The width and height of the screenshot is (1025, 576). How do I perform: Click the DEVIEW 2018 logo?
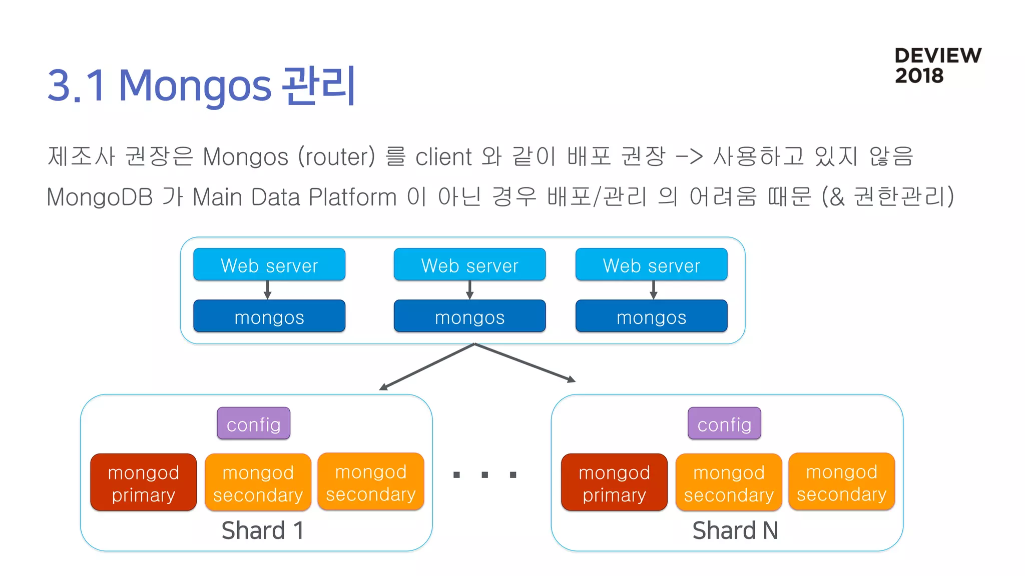[937, 65]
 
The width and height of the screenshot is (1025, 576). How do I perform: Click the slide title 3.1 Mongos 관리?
[201, 85]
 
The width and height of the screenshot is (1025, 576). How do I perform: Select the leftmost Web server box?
[269, 264]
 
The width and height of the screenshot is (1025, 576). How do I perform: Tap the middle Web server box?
[469, 264]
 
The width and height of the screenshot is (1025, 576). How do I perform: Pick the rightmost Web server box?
[651, 264]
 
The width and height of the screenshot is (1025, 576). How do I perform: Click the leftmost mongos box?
[269, 316]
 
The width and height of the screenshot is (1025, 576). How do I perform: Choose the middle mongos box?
[469, 316]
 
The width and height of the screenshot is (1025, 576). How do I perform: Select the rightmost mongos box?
[651, 316]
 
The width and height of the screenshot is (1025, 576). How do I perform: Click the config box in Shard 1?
[253, 423]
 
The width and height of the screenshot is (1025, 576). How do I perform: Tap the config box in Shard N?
[724, 423]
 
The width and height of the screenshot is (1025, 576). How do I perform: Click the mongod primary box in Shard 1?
[144, 482]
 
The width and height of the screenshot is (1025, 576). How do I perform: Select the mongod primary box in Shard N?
[614, 482]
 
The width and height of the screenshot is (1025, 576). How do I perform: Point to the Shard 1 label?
[262, 530]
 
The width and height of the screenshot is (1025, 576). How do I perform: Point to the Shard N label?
[735, 530]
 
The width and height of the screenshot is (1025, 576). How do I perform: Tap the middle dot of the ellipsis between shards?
[484, 474]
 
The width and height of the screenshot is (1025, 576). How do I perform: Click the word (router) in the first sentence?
[336, 156]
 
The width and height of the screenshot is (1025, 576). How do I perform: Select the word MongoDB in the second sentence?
[99, 197]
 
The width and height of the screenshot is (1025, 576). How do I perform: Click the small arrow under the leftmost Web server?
[268, 290]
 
